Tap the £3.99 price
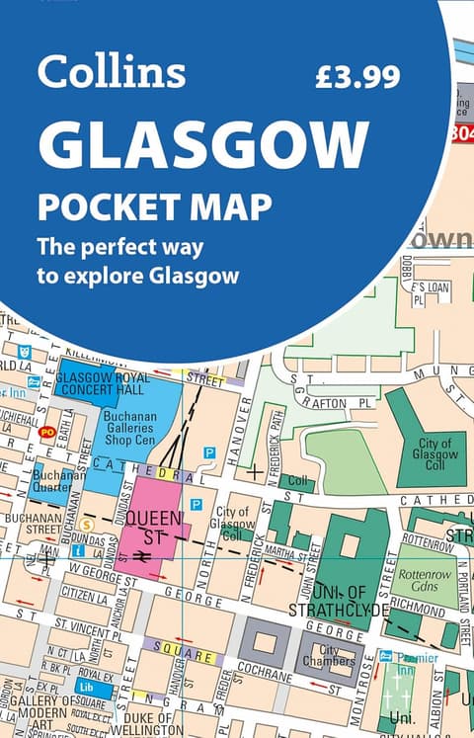pyautogui.click(x=355, y=76)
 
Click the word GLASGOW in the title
pyautogui.click(x=203, y=145)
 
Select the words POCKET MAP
pyautogui.click(x=154, y=208)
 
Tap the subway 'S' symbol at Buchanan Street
pyautogui.click(x=88, y=524)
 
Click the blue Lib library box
pyautogui.click(x=87, y=686)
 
